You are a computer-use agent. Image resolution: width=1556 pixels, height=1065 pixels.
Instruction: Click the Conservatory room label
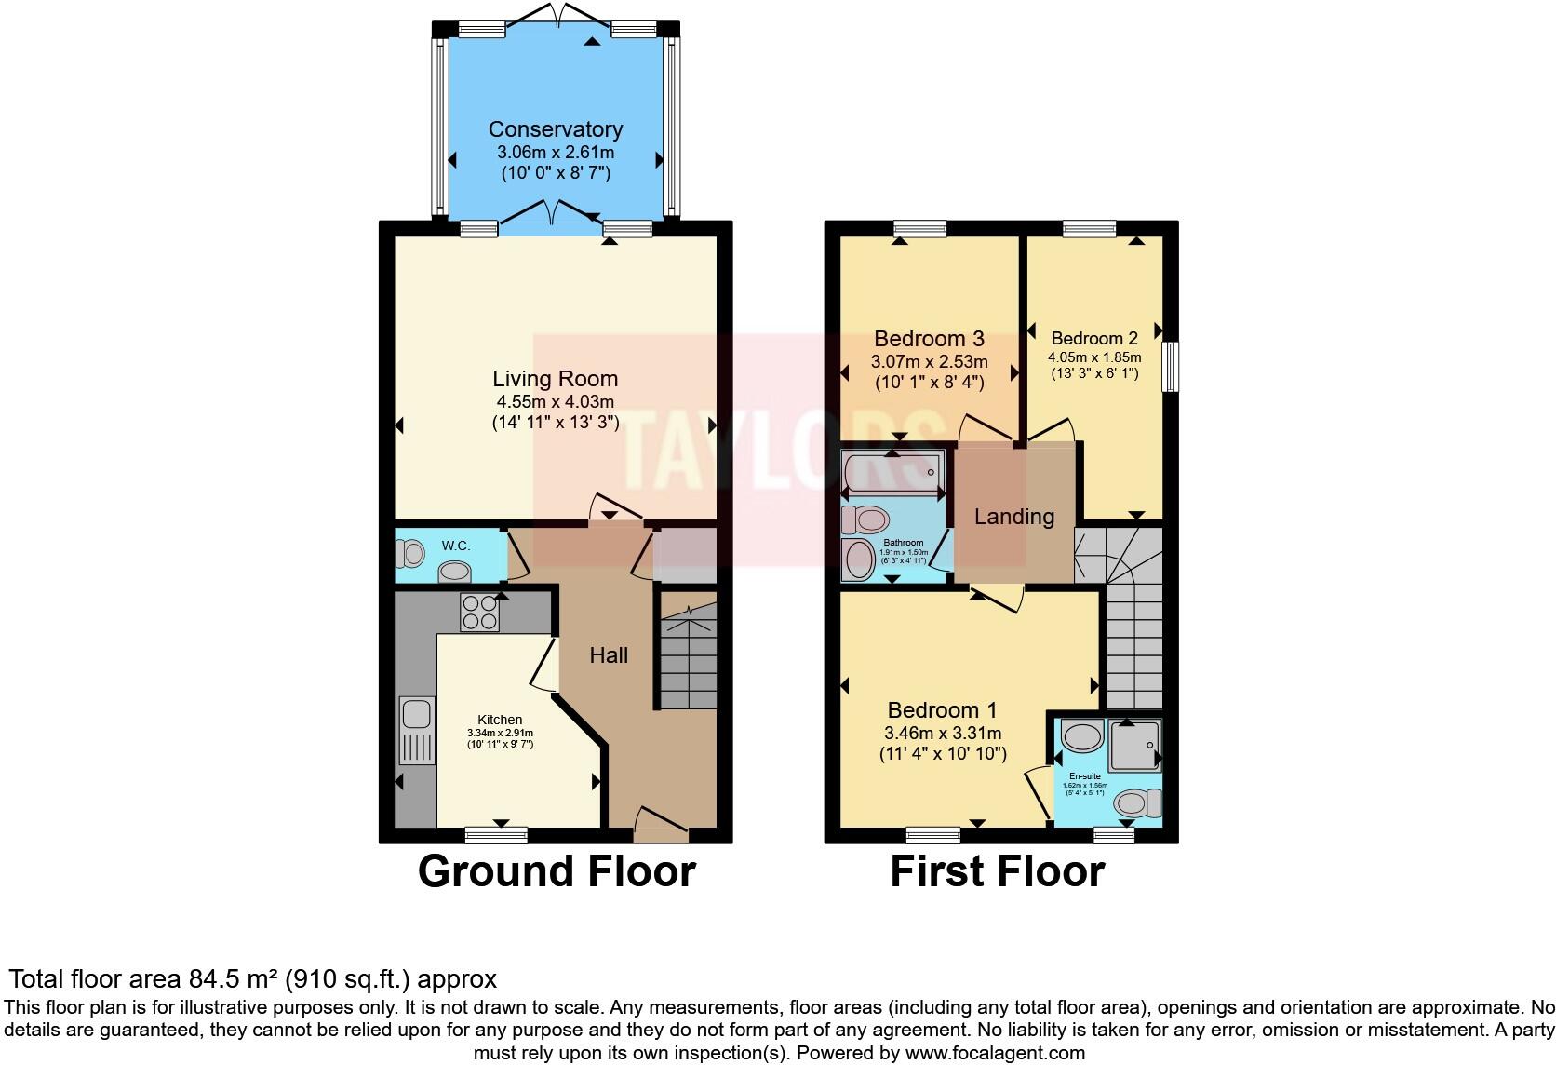(x=555, y=129)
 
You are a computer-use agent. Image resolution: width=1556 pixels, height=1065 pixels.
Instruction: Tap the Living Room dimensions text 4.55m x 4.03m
(x=555, y=401)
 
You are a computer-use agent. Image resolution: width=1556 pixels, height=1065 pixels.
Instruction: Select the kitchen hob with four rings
(x=479, y=612)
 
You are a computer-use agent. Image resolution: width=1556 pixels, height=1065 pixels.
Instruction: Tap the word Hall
(x=609, y=655)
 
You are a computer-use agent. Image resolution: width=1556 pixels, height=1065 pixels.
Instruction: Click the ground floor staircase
(x=688, y=657)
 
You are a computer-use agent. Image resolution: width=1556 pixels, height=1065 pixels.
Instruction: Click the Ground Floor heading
(x=557, y=871)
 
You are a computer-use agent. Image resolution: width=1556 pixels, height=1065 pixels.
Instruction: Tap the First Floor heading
(x=997, y=871)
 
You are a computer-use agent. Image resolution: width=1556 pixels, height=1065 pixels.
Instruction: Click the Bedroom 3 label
(x=929, y=339)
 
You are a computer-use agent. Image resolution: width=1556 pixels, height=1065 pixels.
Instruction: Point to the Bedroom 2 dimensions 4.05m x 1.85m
(x=1094, y=357)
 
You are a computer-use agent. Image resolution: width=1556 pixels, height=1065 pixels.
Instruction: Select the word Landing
(x=1013, y=517)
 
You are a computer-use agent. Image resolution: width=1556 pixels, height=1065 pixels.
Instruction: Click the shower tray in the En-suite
(x=1134, y=744)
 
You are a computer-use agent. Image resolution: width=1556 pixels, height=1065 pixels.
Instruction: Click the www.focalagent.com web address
(x=995, y=1053)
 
